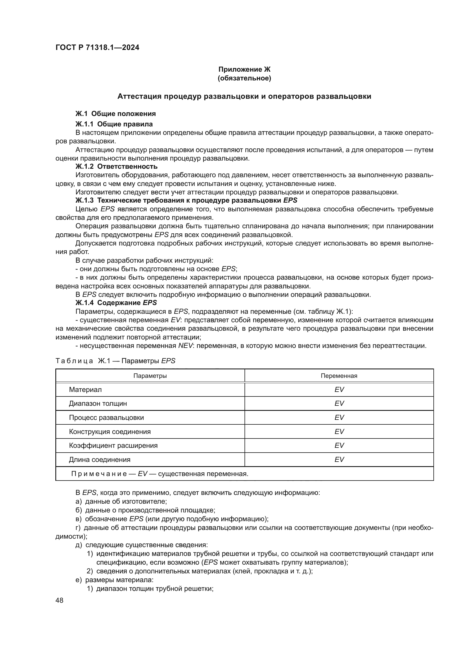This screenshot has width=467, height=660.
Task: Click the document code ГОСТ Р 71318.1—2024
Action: click(97, 48)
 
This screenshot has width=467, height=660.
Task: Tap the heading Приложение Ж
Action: click(244, 69)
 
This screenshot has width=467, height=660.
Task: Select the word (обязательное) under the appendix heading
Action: click(244, 78)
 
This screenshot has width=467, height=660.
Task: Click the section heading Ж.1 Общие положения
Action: click(115, 113)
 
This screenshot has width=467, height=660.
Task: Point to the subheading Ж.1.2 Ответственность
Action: click(116, 166)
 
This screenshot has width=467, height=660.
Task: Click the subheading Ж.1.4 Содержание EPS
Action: click(116, 302)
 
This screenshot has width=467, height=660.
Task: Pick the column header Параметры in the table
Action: click(150, 376)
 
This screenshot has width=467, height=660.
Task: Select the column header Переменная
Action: click(339, 376)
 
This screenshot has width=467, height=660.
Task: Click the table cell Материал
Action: click(85, 389)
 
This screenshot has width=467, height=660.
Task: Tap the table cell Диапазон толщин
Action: click(98, 403)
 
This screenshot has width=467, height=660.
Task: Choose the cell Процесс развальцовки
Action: click(106, 417)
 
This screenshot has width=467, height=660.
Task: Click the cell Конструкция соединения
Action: click(110, 431)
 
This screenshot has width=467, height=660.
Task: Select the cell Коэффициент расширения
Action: click(113, 445)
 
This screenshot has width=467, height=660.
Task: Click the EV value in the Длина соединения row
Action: click(339, 459)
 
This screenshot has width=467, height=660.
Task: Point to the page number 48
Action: click(60, 600)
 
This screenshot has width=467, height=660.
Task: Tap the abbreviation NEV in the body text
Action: click(185, 346)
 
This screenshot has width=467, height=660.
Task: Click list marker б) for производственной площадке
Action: click(78, 510)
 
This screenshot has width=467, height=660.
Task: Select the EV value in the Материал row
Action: click(339, 389)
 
